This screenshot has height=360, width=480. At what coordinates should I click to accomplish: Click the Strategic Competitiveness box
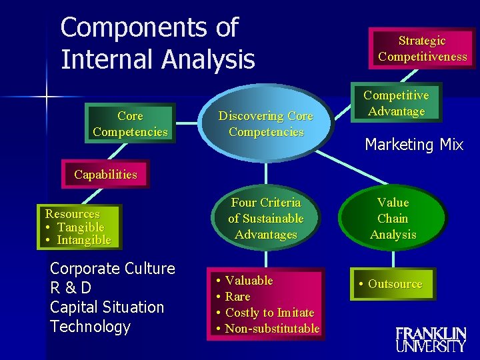tap(422, 49)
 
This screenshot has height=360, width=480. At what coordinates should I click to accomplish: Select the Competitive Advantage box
tap(396, 103)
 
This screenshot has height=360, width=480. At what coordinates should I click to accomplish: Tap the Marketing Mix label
tap(414, 145)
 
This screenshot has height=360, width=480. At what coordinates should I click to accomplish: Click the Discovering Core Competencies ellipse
tap(266, 124)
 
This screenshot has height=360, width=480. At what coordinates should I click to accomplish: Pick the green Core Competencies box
tap(130, 124)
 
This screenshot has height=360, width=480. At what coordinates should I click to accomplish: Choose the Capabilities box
tap(105, 175)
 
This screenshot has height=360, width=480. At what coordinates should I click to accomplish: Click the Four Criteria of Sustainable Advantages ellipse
tap(265, 218)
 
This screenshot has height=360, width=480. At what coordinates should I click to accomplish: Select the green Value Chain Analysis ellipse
tap(393, 218)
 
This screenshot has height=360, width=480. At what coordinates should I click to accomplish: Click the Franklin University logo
tap(431, 339)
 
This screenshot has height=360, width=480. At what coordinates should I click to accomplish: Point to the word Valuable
tap(249, 281)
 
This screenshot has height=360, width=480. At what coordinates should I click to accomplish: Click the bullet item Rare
tap(237, 297)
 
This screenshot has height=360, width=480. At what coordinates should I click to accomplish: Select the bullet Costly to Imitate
tap(269, 313)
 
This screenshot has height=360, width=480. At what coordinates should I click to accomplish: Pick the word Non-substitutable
tap(272, 329)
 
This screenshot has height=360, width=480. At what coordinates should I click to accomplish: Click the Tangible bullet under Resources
tap(81, 227)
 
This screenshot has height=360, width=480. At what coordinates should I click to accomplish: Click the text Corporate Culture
tap(113, 269)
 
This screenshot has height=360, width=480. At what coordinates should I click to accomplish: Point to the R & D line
tap(71, 288)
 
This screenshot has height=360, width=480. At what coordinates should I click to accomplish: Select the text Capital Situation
tap(107, 307)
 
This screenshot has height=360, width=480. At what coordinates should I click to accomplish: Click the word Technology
tap(90, 327)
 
